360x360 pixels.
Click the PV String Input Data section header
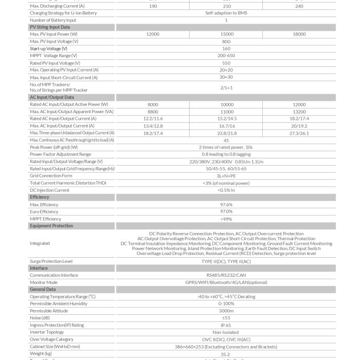point(50,27)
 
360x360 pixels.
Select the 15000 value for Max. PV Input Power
point(226,34)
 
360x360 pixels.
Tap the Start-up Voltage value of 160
point(226,48)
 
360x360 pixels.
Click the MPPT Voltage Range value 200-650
point(226,56)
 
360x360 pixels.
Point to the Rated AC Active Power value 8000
point(153,104)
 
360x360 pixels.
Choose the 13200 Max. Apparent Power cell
point(299,112)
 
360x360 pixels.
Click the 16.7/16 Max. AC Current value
point(226,125)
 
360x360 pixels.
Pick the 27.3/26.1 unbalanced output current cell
point(299,133)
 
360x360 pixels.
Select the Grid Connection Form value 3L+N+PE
point(226,175)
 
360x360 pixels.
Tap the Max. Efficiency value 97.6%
point(226,205)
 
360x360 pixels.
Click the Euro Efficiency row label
point(44,211)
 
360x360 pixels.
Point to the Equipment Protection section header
point(51,226)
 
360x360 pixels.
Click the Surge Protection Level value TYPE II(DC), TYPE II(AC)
point(226,261)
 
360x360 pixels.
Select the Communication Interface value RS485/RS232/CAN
point(226,275)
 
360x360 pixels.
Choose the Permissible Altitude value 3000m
point(226,311)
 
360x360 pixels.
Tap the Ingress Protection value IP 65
point(226,325)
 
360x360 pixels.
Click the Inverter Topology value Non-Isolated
point(226,332)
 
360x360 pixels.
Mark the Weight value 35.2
point(226,354)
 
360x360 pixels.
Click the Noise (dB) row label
point(41,318)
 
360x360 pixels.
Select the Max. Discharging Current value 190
point(153,6)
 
